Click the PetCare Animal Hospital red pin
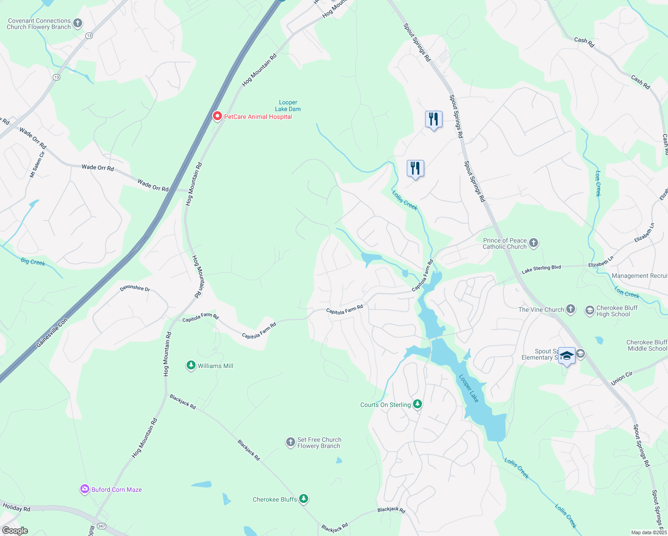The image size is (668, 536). pyautogui.click(x=217, y=116)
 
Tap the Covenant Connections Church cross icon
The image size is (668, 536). pyautogui.click(x=78, y=23)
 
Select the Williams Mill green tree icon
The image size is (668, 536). pyautogui.click(x=191, y=366)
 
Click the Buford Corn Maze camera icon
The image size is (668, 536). pyautogui.click(x=84, y=490)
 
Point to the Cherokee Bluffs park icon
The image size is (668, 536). pyautogui.click(x=304, y=499)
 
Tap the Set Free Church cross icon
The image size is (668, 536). pyautogui.click(x=290, y=443)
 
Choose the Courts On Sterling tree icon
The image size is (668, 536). pyautogui.click(x=417, y=404)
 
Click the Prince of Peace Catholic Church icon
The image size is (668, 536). pyautogui.click(x=534, y=243)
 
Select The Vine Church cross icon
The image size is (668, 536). pyautogui.click(x=571, y=309)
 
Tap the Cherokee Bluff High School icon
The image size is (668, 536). pyautogui.click(x=589, y=310)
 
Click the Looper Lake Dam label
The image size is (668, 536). pyautogui.click(x=288, y=106)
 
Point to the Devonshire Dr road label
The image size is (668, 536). pyautogui.click(x=135, y=288)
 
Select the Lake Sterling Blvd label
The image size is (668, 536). pyautogui.click(x=541, y=269)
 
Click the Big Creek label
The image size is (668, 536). pyautogui.click(x=33, y=262)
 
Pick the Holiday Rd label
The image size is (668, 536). pyautogui.click(x=17, y=508)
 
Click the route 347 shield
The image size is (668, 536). pyautogui.click(x=102, y=526)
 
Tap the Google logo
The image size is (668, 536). pyautogui.click(x=15, y=531)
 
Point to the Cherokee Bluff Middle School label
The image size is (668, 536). pyautogui.click(x=647, y=345)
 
